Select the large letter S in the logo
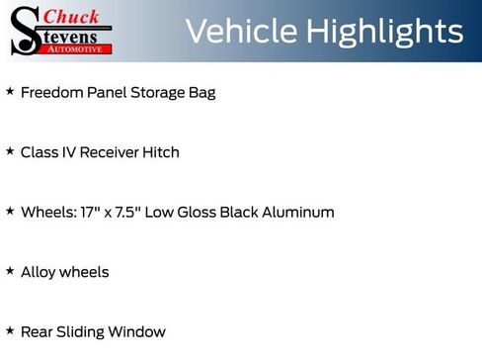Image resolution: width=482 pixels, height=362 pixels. [25, 32]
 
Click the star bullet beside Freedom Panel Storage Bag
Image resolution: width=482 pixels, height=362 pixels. [10, 92]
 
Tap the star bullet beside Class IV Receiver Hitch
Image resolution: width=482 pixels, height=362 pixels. [10, 152]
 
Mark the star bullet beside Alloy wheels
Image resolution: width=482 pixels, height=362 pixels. [10, 271]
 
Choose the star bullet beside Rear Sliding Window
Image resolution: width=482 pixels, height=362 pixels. [10, 331]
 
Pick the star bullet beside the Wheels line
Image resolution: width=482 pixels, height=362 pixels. [10, 212]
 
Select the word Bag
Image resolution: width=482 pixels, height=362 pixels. [201, 94]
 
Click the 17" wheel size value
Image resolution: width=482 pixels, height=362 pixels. [87, 213]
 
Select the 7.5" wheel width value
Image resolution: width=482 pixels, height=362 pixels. [125, 213]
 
